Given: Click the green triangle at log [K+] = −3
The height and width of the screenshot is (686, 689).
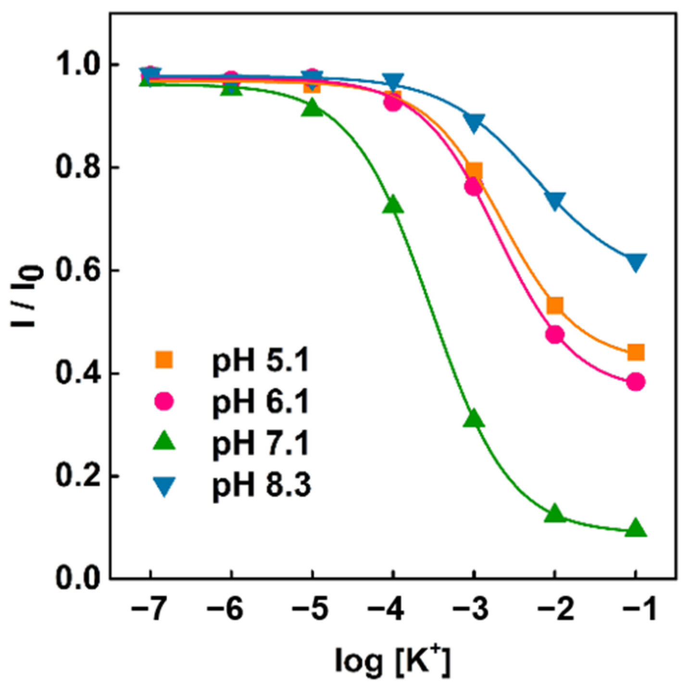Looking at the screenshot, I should [474, 419].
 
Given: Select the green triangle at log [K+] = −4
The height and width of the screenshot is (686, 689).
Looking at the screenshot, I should [393, 205].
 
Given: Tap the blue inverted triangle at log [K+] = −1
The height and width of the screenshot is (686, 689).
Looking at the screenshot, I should [635, 262].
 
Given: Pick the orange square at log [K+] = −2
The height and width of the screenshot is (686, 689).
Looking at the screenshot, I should [555, 305].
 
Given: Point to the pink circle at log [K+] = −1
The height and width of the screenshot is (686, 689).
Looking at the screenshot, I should [635, 382].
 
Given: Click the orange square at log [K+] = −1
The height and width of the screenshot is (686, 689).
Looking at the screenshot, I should [635, 353].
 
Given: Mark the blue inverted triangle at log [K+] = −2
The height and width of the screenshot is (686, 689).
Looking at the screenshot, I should [555, 200].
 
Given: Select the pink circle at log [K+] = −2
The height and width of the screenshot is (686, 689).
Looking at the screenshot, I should [555, 334].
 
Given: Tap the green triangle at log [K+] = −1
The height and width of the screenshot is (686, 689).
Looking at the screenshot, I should [635, 528].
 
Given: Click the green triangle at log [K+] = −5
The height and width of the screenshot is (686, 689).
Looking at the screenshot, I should [313, 108].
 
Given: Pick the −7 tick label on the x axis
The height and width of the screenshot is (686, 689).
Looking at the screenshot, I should [150, 610].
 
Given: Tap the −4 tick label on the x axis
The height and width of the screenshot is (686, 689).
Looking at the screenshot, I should [392, 610].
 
